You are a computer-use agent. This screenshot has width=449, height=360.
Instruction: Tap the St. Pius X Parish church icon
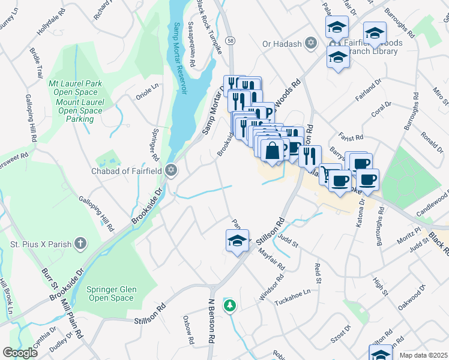[80, 244]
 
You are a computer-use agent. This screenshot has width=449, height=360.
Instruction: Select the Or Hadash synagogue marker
[310, 43]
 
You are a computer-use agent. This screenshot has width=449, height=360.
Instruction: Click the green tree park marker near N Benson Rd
[229, 305]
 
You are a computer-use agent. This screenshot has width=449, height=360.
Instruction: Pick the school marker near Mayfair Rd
[238, 241]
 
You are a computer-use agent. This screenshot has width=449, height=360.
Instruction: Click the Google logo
[20, 353]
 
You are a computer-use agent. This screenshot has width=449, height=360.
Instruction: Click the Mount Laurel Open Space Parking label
[80, 110]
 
